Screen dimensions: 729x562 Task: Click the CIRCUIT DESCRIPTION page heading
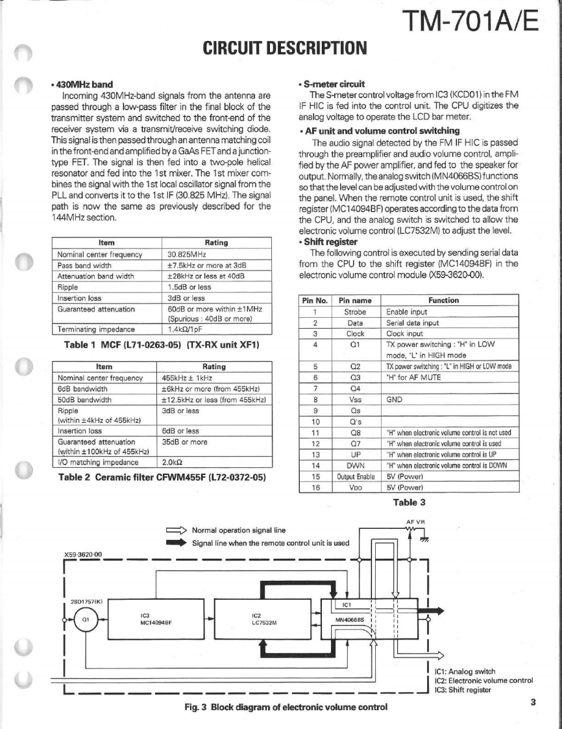coord(285,47)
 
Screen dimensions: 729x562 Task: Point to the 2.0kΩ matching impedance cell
coord(171,462)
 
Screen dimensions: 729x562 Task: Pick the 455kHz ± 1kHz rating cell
coord(188,377)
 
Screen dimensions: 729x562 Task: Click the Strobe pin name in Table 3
coord(354,311)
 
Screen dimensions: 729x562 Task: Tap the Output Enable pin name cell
coord(354,476)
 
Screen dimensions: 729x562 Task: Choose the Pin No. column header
coord(313,300)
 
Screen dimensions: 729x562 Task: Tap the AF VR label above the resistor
coord(415,522)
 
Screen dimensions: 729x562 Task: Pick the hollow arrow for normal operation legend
coord(176,530)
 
